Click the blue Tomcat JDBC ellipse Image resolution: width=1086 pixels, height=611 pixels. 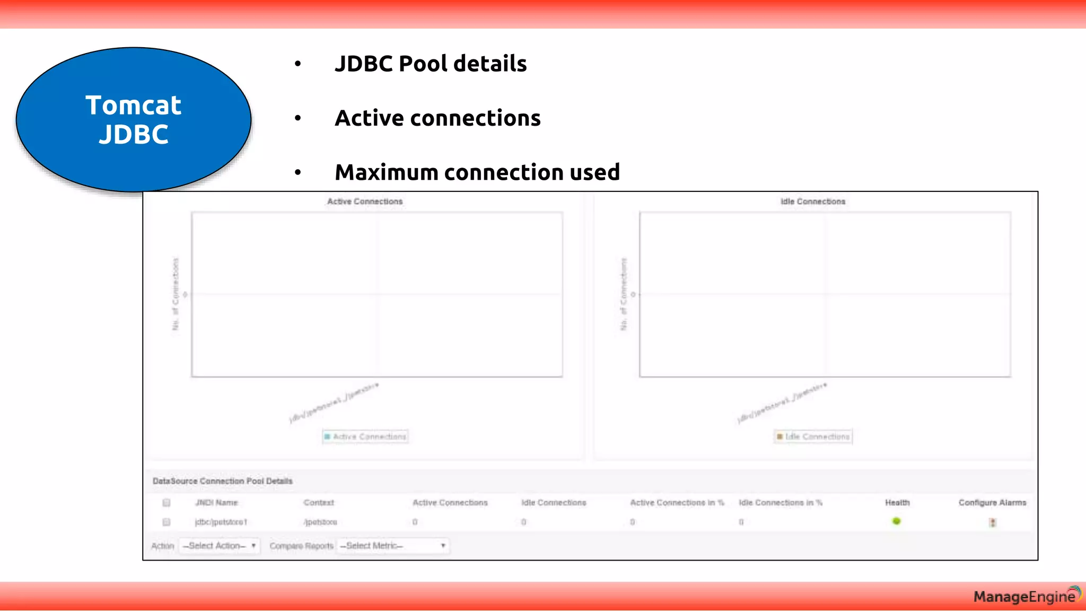coord(134,119)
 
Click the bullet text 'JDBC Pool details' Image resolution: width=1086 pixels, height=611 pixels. coord(431,64)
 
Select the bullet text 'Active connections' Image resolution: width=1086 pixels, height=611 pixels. coord(437,118)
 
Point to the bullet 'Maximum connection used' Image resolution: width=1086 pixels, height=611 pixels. coord(477,172)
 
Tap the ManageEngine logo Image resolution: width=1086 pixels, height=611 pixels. coord(1026,596)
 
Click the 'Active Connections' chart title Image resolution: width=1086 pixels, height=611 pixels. coord(365,202)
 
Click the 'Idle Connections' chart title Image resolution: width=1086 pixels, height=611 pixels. coord(813,202)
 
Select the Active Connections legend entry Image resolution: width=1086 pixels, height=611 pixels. coord(365,437)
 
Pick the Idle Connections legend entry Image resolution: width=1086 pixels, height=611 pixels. coord(813,437)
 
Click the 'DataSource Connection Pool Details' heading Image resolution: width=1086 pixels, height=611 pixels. coord(223,481)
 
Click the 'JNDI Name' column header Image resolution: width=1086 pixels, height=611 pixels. coord(216,503)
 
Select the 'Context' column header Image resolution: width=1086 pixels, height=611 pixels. coord(319,503)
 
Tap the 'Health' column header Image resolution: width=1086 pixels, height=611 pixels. coord(897,503)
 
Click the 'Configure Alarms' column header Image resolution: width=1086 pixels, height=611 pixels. coord(992,503)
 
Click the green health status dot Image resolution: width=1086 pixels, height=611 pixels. coord(897,521)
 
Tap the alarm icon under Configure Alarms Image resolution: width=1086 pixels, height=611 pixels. coord(993,522)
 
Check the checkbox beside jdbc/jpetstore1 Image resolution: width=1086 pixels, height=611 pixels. coord(167,522)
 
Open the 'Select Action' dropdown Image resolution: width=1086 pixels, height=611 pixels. coord(220,546)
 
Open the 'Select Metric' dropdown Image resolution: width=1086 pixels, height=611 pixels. coord(393,546)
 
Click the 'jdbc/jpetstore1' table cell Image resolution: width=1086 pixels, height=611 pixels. coord(221,522)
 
